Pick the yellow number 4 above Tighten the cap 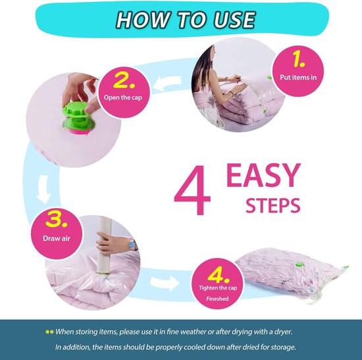218,275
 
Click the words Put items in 298,77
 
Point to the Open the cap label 123,97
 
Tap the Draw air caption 57,238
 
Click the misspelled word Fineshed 217,299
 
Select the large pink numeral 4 192,190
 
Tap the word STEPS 273,205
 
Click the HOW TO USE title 186,20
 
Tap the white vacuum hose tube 104,245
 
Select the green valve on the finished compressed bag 299,265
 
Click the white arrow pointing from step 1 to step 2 167,84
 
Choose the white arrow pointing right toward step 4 165,284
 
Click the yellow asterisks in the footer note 49,332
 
